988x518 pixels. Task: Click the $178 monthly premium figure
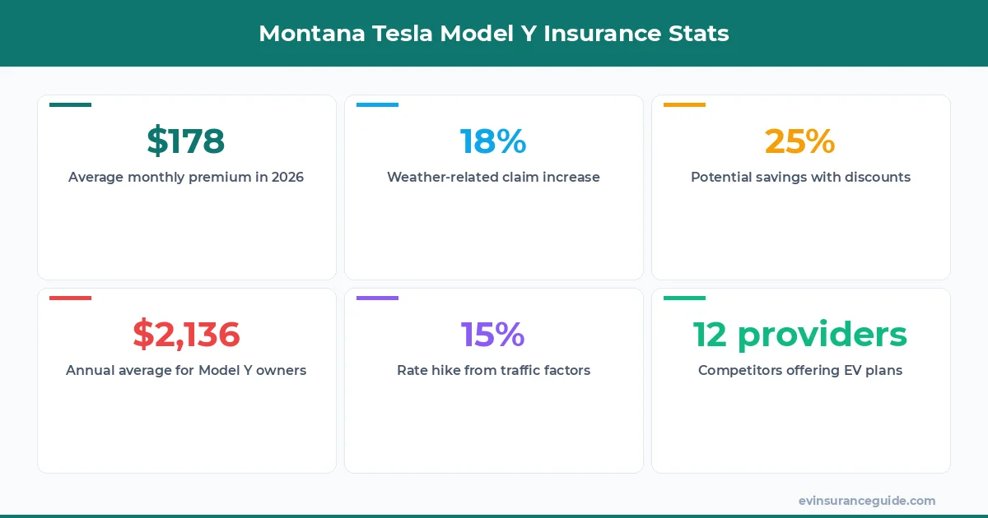click(186, 141)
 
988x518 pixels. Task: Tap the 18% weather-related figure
click(493, 141)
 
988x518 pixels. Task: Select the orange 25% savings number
click(799, 141)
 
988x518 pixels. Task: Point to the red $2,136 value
click(186, 335)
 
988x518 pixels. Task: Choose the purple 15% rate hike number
click(493, 335)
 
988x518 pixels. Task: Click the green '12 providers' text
click(799, 335)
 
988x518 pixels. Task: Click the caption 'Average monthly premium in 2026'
click(186, 178)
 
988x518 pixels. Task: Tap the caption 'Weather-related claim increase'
click(493, 178)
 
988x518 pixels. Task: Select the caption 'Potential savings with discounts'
click(800, 178)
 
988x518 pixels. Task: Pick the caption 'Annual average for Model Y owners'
click(186, 371)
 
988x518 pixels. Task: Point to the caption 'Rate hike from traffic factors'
click(493, 371)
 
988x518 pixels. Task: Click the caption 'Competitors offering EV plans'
click(800, 371)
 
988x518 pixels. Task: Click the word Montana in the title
click(305, 34)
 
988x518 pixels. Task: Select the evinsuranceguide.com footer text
click(866, 501)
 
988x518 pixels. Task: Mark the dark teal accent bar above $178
click(70, 104)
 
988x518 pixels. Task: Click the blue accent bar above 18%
click(377, 104)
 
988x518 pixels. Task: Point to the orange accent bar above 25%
click(684, 104)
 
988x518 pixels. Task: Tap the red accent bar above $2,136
click(70, 298)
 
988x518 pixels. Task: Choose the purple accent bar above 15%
click(377, 298)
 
